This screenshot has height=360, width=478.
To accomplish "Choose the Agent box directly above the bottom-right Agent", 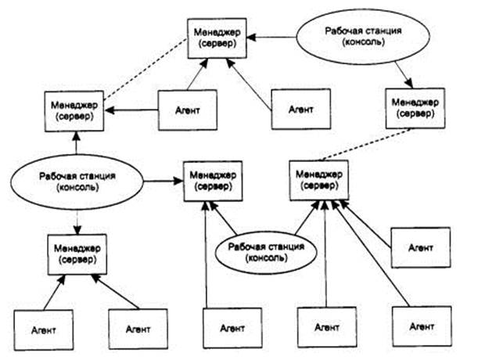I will coord(421,247).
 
